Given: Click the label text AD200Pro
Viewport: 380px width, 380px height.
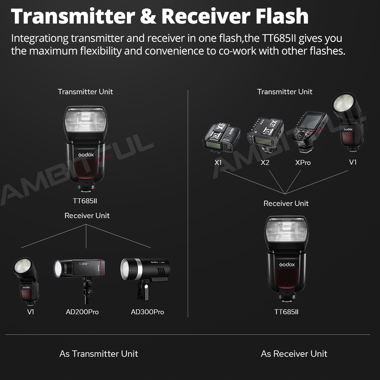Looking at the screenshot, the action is [x=82, y=312].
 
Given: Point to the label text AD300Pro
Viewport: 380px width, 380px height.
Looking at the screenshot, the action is [x=147, y=312].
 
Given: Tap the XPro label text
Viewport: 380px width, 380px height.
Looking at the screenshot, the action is [x=303, y=163].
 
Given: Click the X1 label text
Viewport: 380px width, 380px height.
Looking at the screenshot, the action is [x=218, y=163].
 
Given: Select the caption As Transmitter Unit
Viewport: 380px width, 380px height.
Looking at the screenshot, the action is [x=99, y=354].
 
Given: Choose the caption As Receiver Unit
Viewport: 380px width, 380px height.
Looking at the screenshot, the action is [x=294, y=354].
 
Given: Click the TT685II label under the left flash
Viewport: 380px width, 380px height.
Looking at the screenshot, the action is [x=87, y=201].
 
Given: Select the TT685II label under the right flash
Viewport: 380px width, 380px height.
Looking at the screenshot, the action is [x=287, y=312].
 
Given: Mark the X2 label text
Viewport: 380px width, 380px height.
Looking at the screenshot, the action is [x=265, y=163].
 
